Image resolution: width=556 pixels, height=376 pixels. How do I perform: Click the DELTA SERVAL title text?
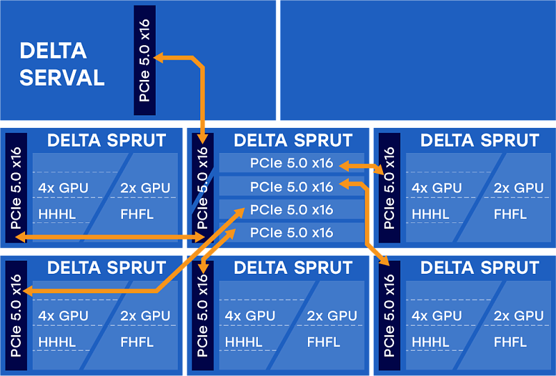click(x=62, y=64)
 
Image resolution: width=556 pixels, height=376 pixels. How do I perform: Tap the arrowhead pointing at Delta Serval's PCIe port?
click(x=159, y=58)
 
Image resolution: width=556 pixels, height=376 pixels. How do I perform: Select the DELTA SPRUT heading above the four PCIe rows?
click(x=293, y=140)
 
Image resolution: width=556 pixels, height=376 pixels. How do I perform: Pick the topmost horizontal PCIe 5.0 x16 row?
click(x=291, y=164)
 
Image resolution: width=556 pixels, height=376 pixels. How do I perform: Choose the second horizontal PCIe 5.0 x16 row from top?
click(x=291, y=187)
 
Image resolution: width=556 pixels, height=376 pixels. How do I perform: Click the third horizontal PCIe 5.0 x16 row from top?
click(x=291, y=210)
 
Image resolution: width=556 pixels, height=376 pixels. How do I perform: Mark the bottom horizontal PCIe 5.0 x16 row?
click(x=291, y=233)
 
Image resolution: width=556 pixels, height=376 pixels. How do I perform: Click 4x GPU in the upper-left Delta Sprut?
click(x=63, y=188)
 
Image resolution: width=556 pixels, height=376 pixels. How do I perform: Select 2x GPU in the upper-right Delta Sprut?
click(x=518, y=188)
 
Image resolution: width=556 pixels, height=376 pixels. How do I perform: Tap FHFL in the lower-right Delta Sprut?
click(x=510, y=342)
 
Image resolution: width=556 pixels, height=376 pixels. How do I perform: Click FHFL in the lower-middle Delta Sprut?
click(x=323, y=342)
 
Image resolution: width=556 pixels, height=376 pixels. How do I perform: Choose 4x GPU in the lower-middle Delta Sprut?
click(x=250, y=316)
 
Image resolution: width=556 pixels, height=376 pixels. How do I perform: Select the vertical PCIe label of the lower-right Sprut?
click(x=389, y=316)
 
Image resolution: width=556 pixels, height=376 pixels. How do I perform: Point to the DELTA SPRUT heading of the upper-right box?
click(x=480, y=140)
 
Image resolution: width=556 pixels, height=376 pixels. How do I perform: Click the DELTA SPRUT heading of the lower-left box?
click(x=106, y=268)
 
